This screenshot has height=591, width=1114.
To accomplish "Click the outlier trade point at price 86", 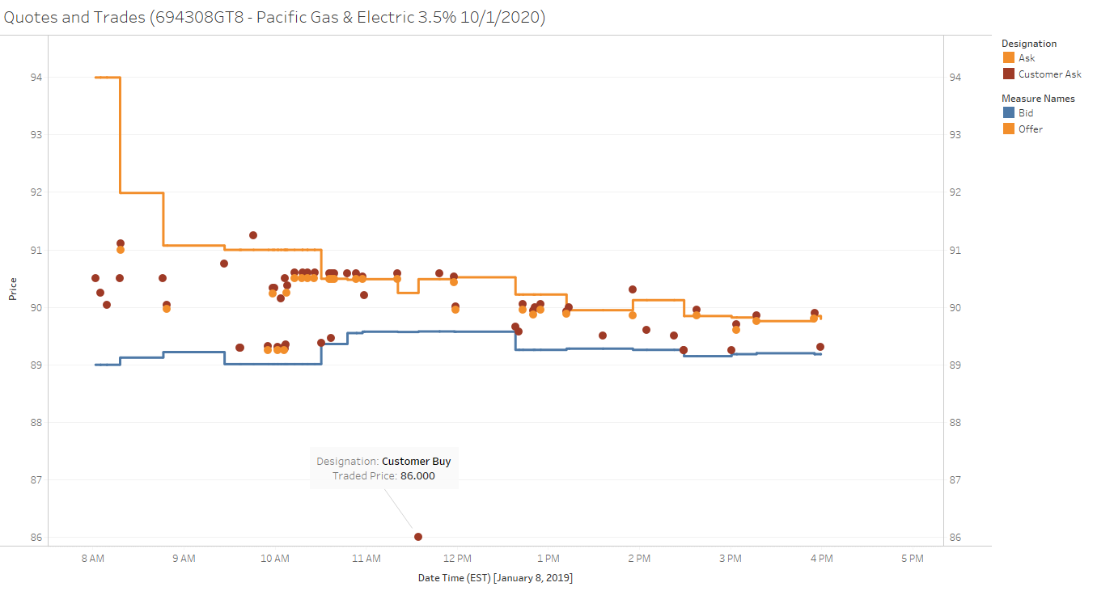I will pos(418,537).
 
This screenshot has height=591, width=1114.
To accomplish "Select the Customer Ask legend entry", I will pos(1049,74).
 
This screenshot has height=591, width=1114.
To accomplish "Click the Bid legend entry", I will pos(1025,113).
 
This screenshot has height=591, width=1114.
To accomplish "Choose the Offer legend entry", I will pos(1030,129).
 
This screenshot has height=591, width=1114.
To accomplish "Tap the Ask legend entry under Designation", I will pos(1026,58).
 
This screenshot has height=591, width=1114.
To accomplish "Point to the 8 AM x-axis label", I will pos(93,558).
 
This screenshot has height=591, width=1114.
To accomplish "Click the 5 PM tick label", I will pos(912,558).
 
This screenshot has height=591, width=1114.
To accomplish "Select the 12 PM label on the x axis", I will pos(457,558).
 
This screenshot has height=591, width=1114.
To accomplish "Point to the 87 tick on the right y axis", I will pos(955,480).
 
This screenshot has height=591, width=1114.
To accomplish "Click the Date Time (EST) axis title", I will pos(495,578).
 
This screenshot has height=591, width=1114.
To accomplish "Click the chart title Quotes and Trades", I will pos(273,17).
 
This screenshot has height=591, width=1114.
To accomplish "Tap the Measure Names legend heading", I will pos(1038,99).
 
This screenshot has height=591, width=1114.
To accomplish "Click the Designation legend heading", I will pos(1029,44).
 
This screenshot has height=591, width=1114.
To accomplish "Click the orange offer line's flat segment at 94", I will pos(108,78).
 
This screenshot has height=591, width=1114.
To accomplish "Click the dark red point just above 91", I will pos(253,235).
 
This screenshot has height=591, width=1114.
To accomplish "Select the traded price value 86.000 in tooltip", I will pos(417,476).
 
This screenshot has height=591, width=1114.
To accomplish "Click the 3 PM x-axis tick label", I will pos(730,558).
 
